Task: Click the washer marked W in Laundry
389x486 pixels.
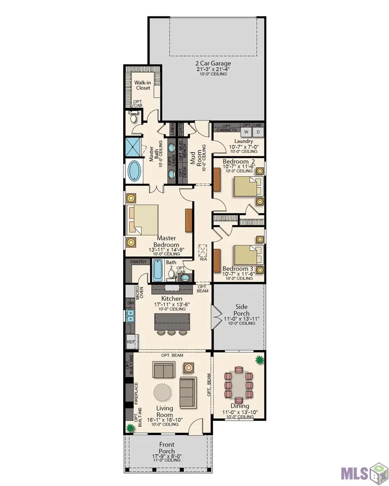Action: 246,132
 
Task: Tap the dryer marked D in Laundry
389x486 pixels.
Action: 258,132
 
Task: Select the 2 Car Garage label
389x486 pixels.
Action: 213,64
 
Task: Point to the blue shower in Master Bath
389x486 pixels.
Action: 133,148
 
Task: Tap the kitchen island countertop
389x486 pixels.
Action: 172,322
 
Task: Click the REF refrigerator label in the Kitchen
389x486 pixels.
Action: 131,342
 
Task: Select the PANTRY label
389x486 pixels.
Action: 138,262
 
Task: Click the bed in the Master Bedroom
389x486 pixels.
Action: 143,220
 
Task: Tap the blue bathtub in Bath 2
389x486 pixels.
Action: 156,270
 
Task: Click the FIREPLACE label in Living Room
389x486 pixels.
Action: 136,393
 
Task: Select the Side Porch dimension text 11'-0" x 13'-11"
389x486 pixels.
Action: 241,319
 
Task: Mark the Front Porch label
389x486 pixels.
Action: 167,448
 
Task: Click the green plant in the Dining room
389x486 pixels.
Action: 259,360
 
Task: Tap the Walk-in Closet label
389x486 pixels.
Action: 143,85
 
